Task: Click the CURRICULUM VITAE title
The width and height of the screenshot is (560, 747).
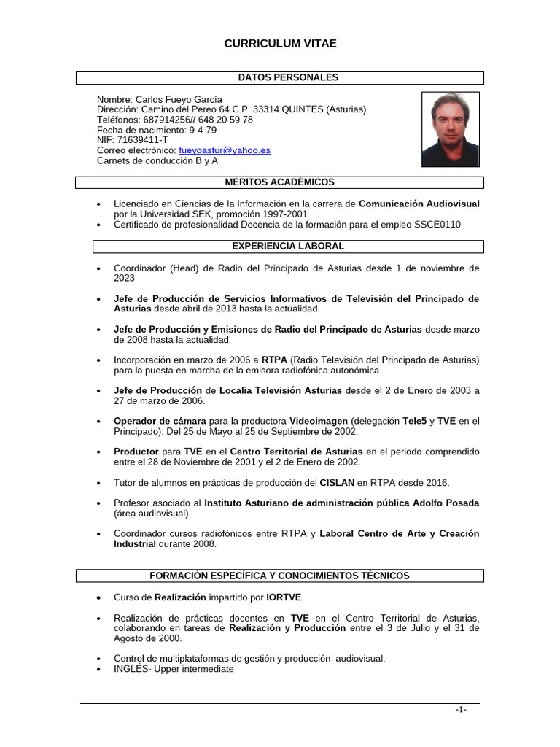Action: tap(280, 44)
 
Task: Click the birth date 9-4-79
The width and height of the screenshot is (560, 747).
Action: tap(203, 130)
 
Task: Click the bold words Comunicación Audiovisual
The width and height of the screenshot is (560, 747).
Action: tap(419, 204)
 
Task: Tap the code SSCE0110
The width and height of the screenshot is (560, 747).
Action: tap(435, 225)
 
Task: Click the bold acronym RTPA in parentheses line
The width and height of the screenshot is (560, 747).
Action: tap(274, 360)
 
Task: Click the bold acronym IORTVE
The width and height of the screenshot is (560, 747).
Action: tap(266, 597)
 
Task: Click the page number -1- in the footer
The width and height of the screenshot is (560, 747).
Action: tap(460, 710)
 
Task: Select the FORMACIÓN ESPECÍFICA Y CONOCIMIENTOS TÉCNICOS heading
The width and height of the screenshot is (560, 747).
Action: tap(279, 576)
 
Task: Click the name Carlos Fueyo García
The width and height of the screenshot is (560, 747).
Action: tap(179, 99)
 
